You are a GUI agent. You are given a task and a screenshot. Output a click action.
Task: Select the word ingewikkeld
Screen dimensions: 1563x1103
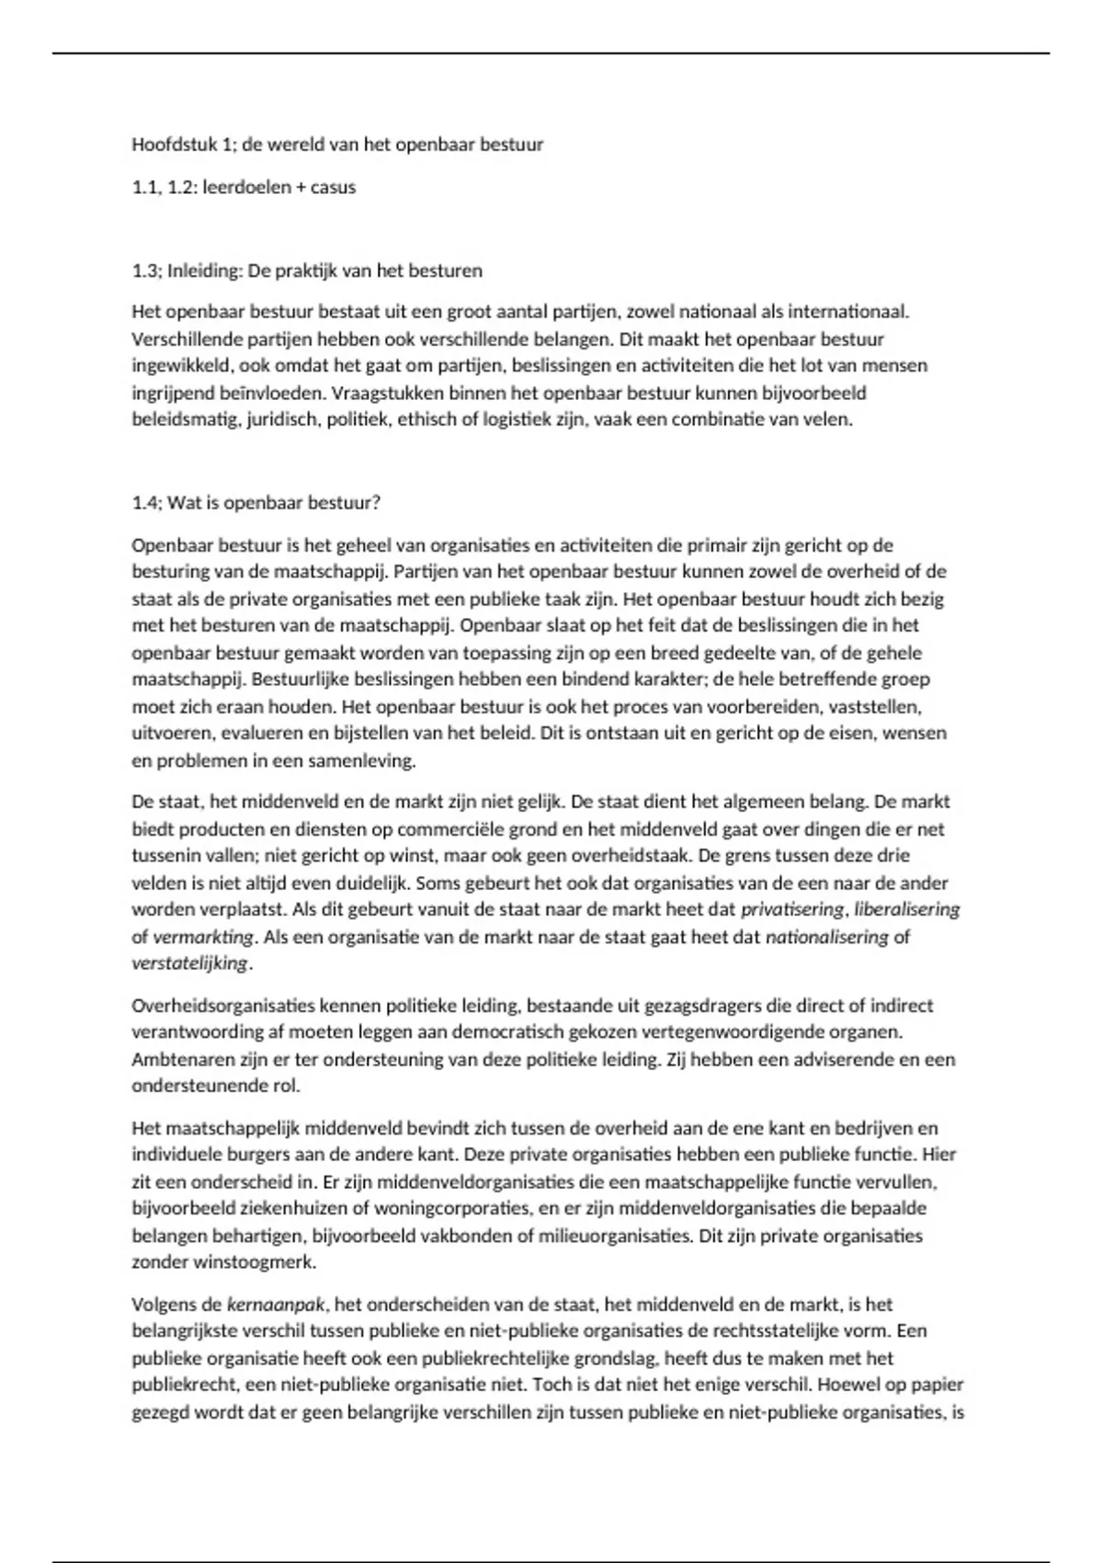click(181, 366)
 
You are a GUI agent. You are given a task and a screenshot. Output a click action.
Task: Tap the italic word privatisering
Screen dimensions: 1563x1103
click(792, 910)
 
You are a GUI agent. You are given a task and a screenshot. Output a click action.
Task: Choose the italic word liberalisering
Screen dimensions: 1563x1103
click(906, 910)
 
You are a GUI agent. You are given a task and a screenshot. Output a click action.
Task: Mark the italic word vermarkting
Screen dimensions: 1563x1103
click(202, 937)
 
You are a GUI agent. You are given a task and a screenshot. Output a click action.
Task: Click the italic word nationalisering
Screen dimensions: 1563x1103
click(826, 937)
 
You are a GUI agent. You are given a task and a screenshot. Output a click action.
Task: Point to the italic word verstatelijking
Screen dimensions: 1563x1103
click(189, 964)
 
